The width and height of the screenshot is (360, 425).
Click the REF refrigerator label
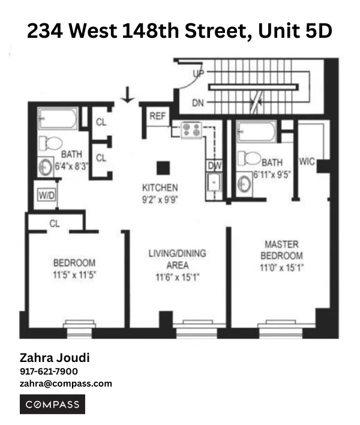click(x=158, y=116)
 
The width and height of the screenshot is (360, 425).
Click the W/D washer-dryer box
click(x=45, y=195)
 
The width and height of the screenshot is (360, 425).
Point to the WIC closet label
click(x=307, y=161)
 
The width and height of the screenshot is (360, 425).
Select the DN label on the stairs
click(x=198, y=103)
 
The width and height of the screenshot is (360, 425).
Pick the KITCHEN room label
click(x=160, y=187)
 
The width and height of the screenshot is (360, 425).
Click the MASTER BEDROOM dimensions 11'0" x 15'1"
click(x=282, y=268)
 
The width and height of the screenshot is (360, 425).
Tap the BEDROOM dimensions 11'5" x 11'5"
click(x=74, y=274)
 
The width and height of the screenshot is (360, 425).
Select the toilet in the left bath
click(x=52, y=144)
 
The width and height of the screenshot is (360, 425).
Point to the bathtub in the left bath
click(x=58, y=118)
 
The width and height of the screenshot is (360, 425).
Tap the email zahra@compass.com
click(x=66, y=384)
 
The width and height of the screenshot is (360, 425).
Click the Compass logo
click(x=53, y=405)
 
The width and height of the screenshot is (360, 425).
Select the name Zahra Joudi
click(x=55, y=358)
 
